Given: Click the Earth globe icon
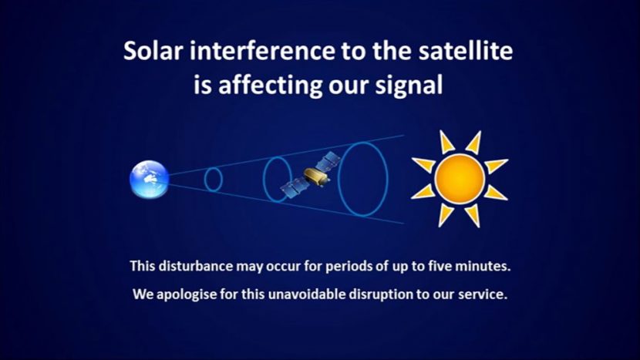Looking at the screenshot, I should (149, 179).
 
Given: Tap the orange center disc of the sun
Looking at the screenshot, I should (460, 179).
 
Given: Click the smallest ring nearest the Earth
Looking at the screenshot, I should (213, 179).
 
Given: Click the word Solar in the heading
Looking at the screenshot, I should (153, 52).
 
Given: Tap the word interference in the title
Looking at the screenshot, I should (255, 52).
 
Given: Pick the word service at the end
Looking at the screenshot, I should (485, 294).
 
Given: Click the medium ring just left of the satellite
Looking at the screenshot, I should (276, 179).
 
